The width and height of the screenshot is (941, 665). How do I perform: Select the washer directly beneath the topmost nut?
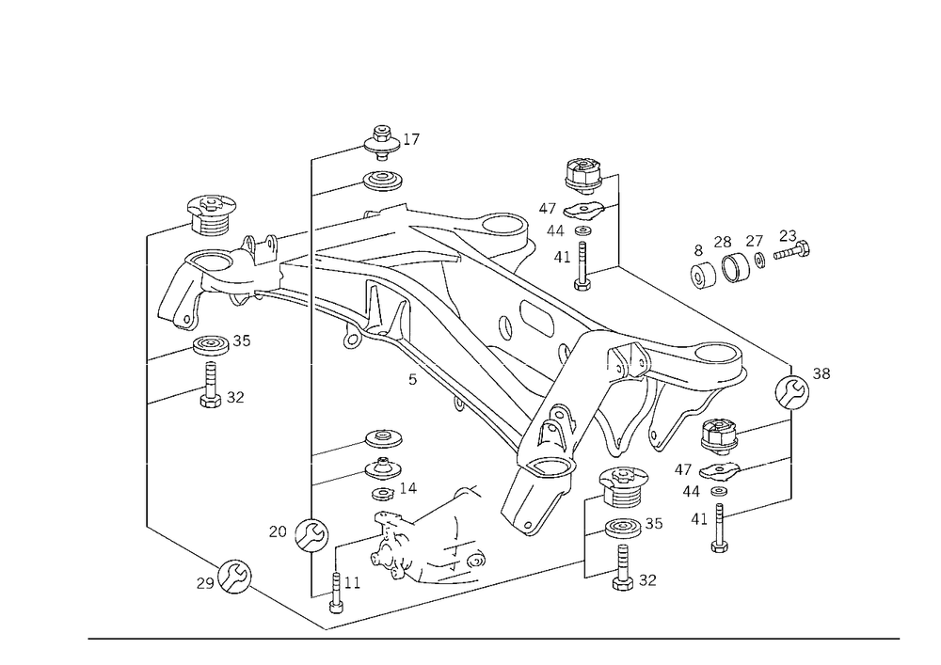click(x=380, y=178)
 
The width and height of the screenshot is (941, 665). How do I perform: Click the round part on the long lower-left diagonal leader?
click(x=231, y=577)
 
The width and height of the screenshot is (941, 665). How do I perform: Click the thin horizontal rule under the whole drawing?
click(x=494, y=638)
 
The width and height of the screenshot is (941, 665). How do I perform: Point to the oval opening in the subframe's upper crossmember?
click(x=499, y=226)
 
